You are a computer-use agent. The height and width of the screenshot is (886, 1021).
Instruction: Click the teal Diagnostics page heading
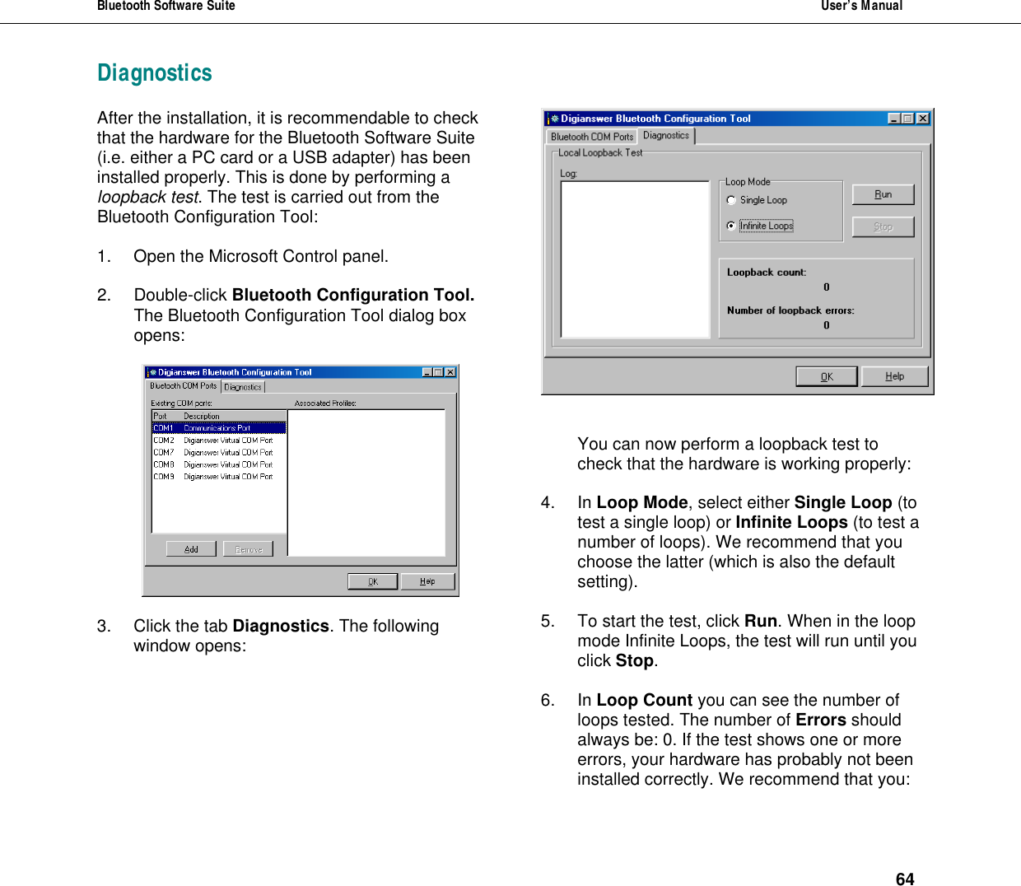tap(155, 73)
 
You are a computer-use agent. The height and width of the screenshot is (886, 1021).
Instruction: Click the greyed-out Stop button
tap(883, 226)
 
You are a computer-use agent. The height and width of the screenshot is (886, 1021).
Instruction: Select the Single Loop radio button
tap(731, 200)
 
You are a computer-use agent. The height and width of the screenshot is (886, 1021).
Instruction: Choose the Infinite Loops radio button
tap(731, 226)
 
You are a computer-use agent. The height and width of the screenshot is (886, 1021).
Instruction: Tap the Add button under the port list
tap(191, 549)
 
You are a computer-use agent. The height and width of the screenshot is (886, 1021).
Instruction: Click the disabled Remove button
tap(248, 549)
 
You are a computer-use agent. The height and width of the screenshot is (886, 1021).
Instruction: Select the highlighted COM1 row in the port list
tap(218, 428)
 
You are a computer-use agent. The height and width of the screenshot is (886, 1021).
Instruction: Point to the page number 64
tap(904, 879)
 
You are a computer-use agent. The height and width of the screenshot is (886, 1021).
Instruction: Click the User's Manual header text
tap(861, 6)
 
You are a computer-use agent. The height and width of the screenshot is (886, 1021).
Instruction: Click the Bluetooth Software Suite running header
tap(166, 6)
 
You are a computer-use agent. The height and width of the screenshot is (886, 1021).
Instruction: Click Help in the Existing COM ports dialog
tap(427, 581)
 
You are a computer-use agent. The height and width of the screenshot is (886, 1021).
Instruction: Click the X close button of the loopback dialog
tap(923, 119)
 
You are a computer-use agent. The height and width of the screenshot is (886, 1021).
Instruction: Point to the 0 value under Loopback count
tap(826, 287)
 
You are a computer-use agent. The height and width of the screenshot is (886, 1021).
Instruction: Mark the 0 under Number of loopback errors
tap(826, 325)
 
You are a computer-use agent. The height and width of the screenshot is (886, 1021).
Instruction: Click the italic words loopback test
tap(148, 198)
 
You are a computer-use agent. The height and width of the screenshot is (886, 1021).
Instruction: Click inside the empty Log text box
tap(634, 259)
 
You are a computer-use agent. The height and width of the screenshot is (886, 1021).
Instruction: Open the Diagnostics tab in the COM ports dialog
tap(243, 387)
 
